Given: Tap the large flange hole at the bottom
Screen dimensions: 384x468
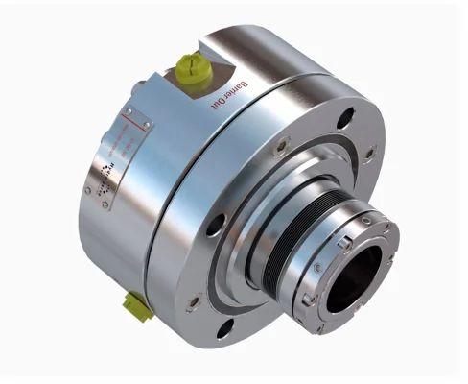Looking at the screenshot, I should (x=225, y=329).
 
